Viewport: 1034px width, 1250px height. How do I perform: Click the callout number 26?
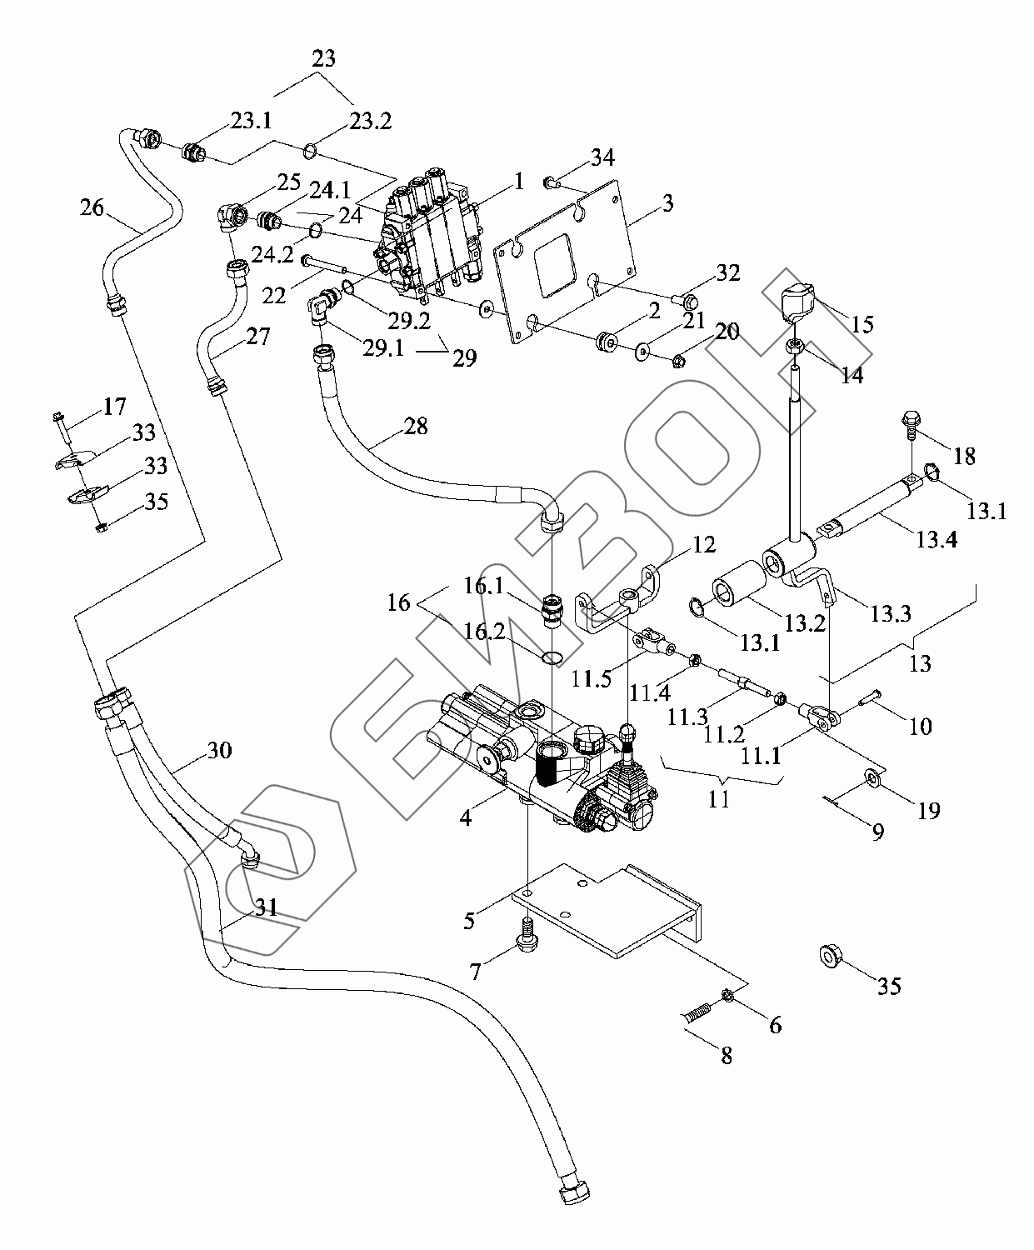point(92,208)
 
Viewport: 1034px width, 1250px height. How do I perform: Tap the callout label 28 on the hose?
point(416,426)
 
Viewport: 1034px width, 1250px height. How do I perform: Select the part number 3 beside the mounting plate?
point(668,202)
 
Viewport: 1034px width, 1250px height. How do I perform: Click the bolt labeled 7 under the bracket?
point(527,941)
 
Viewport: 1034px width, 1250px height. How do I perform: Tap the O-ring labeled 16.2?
point(552,658)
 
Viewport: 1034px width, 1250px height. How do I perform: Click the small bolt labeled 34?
point(550,182)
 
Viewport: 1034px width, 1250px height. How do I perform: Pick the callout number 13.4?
point(937,540)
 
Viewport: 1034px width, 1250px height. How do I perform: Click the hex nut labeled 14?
point(794,346)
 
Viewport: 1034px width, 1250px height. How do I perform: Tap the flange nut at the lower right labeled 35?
point(829,955)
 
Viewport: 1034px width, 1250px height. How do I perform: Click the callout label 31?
point(266,908)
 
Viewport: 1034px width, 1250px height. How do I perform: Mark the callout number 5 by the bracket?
point(468,921)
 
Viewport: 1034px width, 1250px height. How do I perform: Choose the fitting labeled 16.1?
point(552,611)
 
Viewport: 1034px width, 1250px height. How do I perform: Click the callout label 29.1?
point(383,347)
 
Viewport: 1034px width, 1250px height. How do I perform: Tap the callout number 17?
point(114,407)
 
